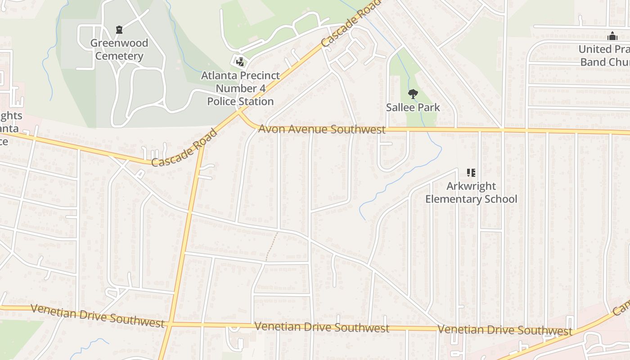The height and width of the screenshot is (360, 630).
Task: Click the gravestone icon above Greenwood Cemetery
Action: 119,30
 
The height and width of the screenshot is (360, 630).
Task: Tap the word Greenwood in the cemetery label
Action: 119,43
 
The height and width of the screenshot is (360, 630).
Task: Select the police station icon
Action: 240,62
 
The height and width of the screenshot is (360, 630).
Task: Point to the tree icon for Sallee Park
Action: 413,94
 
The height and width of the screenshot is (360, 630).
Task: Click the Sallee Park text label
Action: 413,108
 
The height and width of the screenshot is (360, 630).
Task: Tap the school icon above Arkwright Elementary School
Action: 471,173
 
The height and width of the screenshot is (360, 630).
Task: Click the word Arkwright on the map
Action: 471,186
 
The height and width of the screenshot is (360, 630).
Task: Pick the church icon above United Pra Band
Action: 612,36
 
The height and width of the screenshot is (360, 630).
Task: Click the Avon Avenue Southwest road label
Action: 322,129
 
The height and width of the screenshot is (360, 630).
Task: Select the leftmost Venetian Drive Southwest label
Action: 97,316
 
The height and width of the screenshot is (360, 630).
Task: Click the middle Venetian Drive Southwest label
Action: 322,327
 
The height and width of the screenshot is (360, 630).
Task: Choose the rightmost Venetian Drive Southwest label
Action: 504,330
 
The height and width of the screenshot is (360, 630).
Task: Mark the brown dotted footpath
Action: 271,247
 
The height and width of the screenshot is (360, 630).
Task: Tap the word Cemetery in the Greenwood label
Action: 119,56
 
